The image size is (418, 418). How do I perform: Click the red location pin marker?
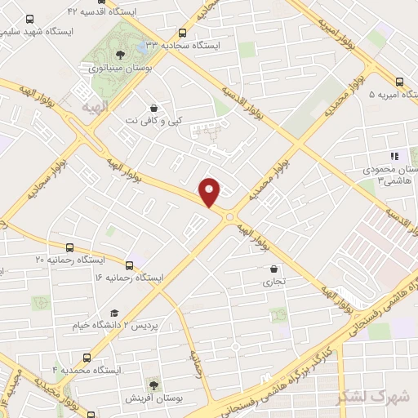click(210, 191)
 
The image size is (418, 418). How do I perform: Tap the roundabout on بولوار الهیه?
click(229, 216)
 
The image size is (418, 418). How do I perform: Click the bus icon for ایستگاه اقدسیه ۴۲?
click(29, 17)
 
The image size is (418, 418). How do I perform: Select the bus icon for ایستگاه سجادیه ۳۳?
click(182, 33)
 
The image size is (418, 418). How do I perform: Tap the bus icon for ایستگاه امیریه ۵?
click(399, 82)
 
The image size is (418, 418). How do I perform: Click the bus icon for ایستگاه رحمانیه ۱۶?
click(129, 265)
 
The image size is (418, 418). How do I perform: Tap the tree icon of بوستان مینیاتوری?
click(120, 55)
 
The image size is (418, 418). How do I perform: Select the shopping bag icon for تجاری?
click(273, 269)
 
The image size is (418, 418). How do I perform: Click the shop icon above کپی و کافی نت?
click(153, 108)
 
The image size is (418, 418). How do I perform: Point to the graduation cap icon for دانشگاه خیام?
click(114, 313)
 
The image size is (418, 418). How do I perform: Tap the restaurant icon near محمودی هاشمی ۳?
click(394, 156)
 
